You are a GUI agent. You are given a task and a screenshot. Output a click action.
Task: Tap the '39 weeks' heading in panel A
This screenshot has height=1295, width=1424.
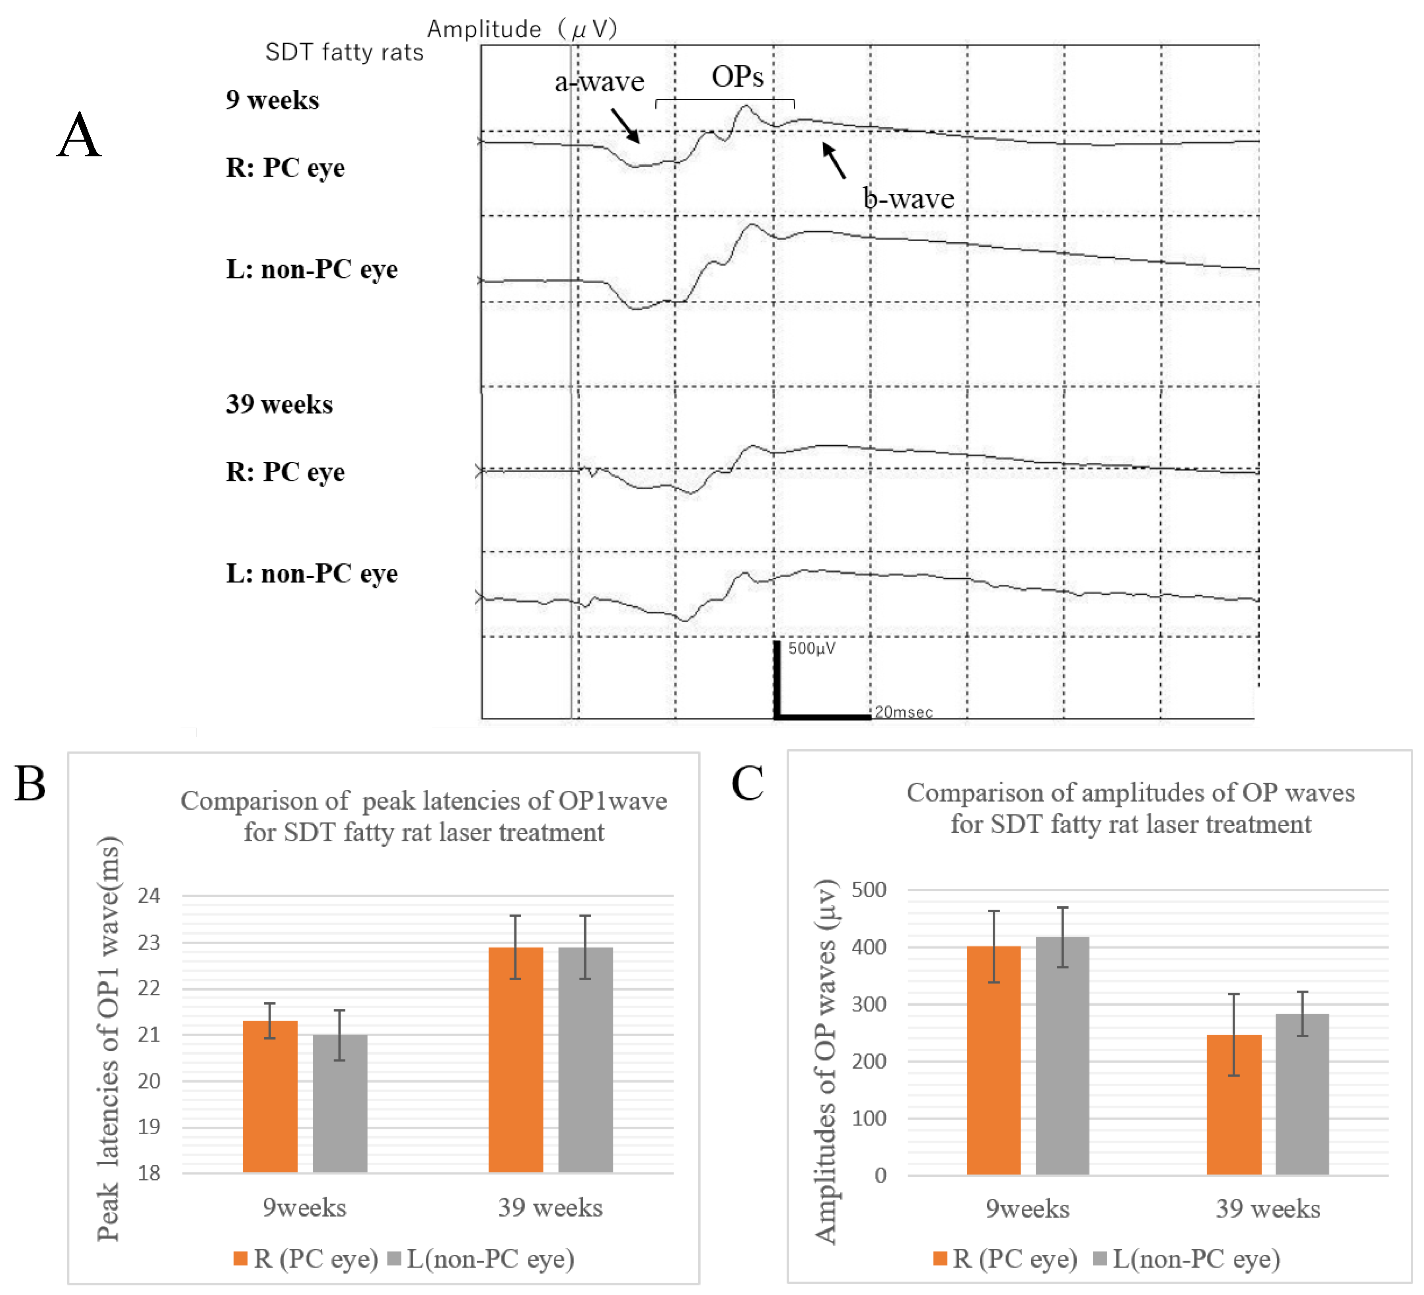pyautogui.click(x=279, y=404)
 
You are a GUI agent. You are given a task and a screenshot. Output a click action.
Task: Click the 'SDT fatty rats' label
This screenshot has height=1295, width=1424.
pyautogui.click(x=344, y=52)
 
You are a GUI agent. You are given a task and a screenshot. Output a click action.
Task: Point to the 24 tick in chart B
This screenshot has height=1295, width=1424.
pyautogui.click(x=149, y=896)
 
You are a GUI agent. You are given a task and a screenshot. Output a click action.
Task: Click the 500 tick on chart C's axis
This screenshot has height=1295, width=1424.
pyautogui.click(x=869, y=890)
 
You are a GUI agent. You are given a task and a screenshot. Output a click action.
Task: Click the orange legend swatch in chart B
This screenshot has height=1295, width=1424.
pyautogui.click(x=240, y=1258)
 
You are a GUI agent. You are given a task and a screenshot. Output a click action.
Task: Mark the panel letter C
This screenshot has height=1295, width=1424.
pyautogui.click(x=747, y=783)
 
